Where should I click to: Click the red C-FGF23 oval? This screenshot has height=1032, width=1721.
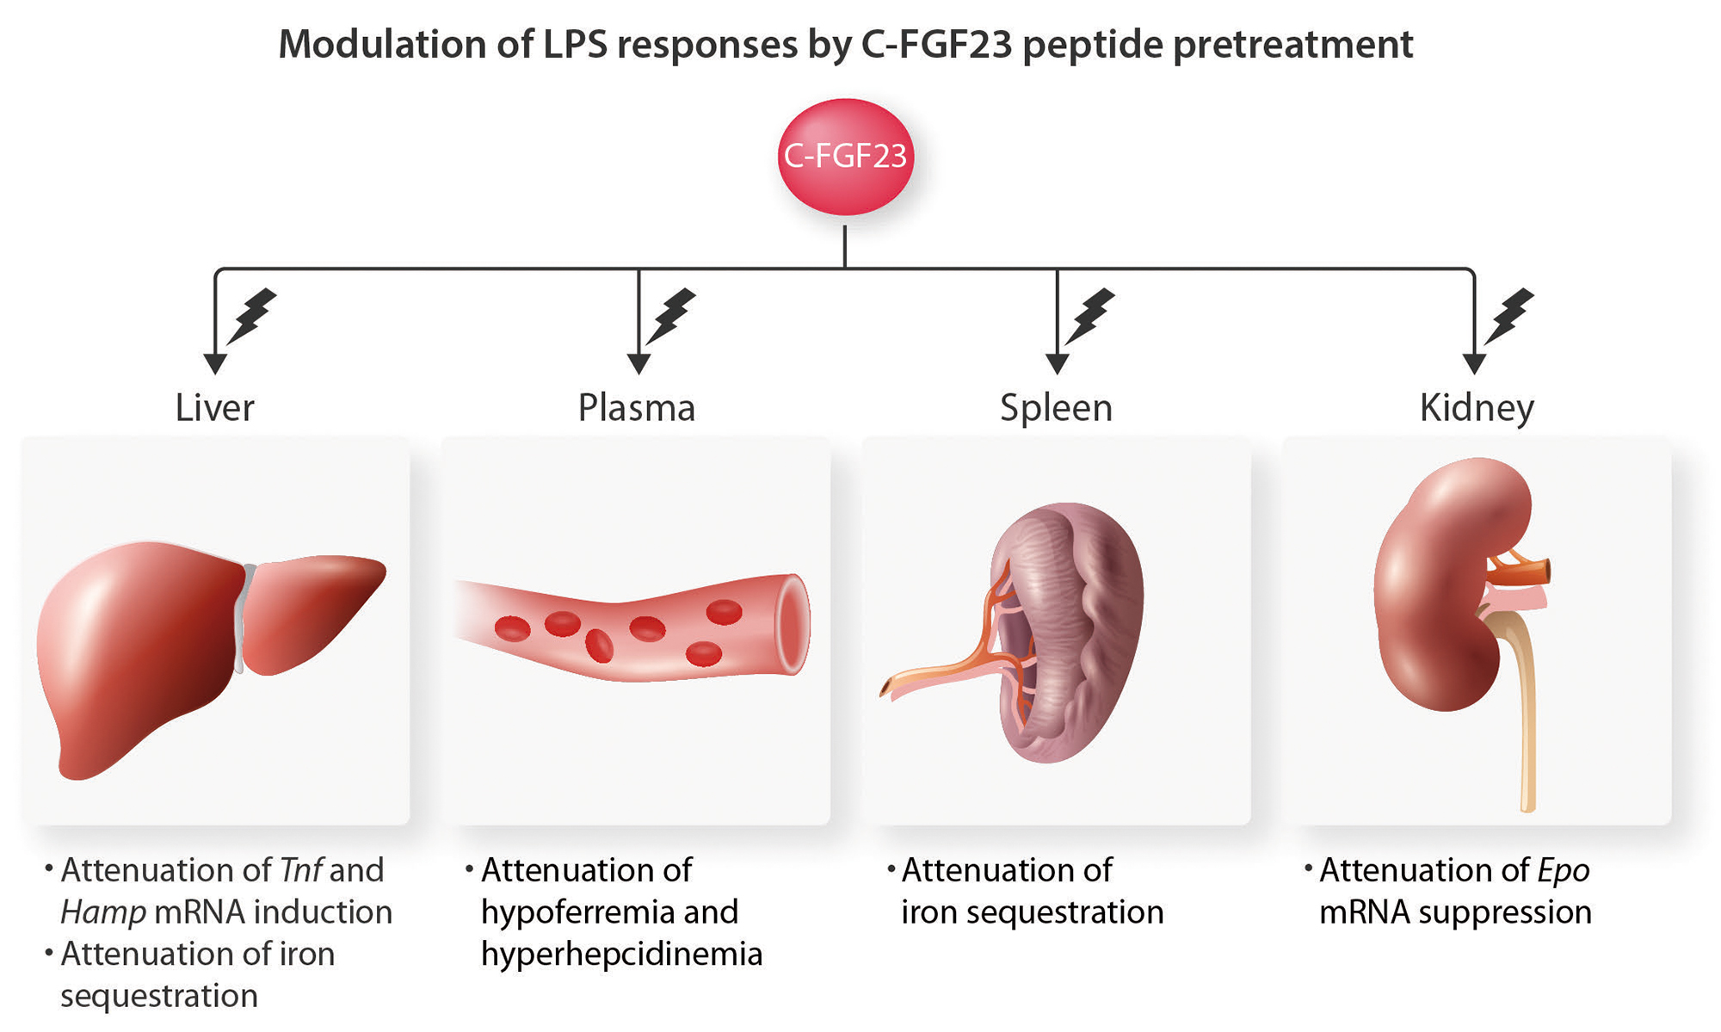point(845,157)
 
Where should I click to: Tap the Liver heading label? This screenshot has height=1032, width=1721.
point(214,408)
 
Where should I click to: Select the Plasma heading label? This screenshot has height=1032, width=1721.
point(636,408)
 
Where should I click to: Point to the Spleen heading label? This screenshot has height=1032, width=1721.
point(1056,408)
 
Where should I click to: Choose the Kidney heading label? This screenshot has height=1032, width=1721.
point(1477,408)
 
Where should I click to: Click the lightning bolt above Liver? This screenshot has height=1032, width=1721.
point(252,316)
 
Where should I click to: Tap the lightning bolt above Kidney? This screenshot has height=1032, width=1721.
point(1510,316)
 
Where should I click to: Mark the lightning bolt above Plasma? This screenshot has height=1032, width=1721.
point(671,316)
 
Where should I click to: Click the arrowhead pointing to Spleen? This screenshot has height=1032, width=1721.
point(1057,363)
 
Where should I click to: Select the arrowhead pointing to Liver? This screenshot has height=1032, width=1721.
point(215,363)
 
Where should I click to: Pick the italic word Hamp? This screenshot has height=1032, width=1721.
point(102,912)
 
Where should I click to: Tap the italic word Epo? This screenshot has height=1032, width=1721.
point(1564,871)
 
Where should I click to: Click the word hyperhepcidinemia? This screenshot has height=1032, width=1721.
point(621,955)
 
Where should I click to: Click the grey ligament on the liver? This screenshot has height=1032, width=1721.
point(244,615)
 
